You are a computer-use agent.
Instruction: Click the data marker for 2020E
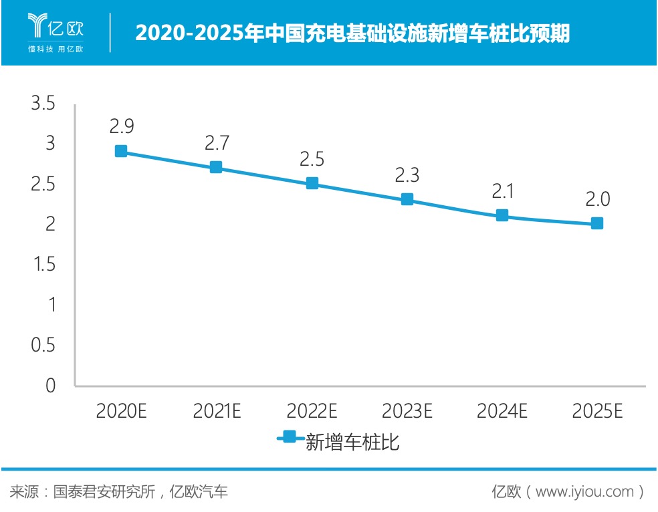(120, 151)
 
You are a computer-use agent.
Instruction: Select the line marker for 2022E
(312, 183)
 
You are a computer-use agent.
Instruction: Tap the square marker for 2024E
(502, 215)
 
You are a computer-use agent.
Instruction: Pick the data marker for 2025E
(597, 223)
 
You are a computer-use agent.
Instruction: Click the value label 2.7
(217, 142)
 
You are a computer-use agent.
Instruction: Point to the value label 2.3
(407, 175)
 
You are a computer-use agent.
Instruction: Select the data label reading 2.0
(598, 199)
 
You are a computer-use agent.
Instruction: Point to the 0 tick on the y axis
(49, 386)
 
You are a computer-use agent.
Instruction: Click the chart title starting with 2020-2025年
(352, 32)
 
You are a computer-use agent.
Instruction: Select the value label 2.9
(121, 126)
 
